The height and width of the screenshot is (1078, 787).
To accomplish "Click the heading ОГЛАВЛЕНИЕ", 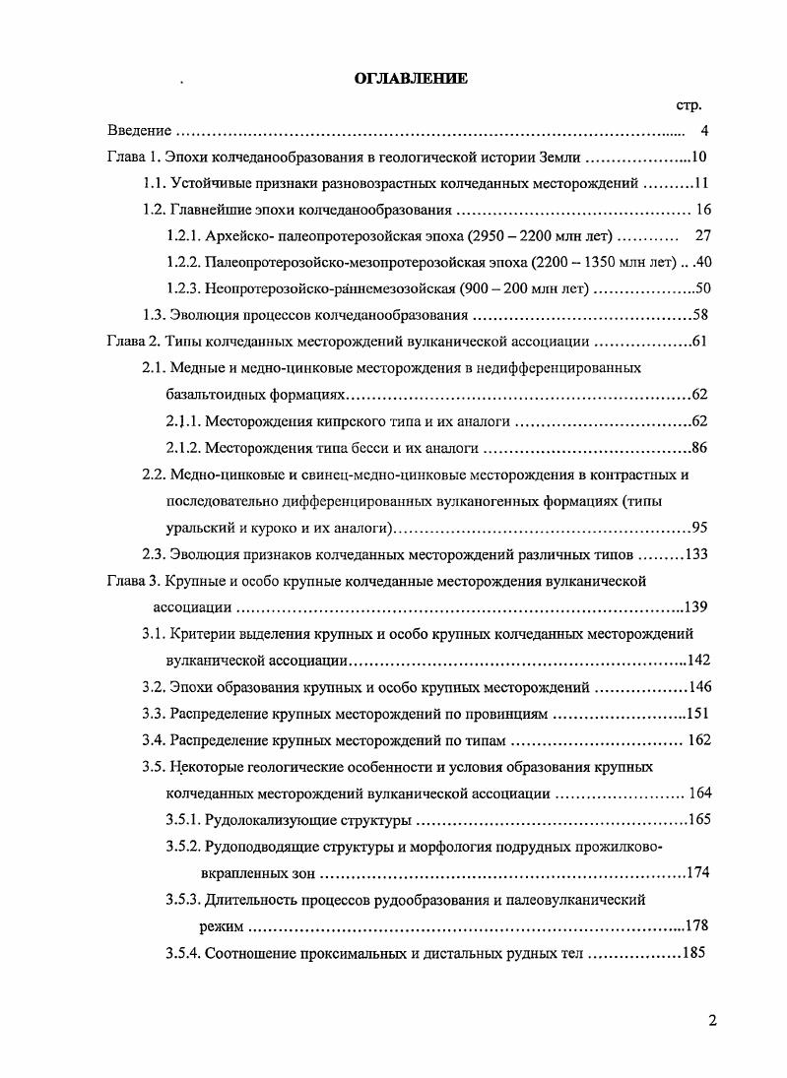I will (x=411, y=79).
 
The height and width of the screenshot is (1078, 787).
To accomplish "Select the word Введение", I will (x=140, y=131).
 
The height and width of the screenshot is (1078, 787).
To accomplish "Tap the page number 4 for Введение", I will (x=704, y=131).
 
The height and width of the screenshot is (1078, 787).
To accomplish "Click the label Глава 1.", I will (x=132, y=158).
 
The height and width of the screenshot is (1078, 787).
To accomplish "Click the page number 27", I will (x=702, y=236).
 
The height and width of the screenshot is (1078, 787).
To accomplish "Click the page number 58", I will (x=700, y=316).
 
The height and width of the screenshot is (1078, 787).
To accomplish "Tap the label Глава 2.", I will (x=132, y=343).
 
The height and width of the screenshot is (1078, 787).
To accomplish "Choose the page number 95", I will (x=700, y=527).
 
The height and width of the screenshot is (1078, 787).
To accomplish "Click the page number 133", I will (x=696, y=553).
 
